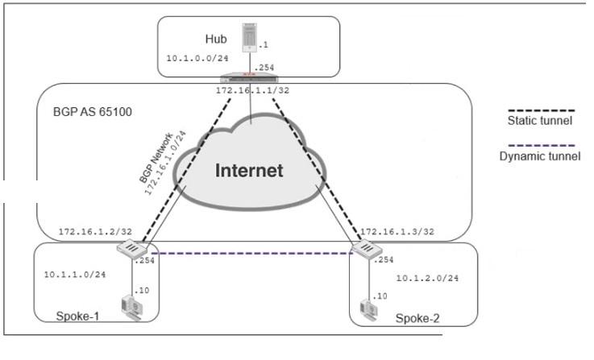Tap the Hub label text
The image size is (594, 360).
215,39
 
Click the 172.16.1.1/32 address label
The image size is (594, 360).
252,90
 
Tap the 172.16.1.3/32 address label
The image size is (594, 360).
398,232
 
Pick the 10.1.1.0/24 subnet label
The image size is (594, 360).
75,275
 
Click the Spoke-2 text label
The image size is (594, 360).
417,318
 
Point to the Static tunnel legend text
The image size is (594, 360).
539,121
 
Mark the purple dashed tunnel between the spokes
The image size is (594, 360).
250,254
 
